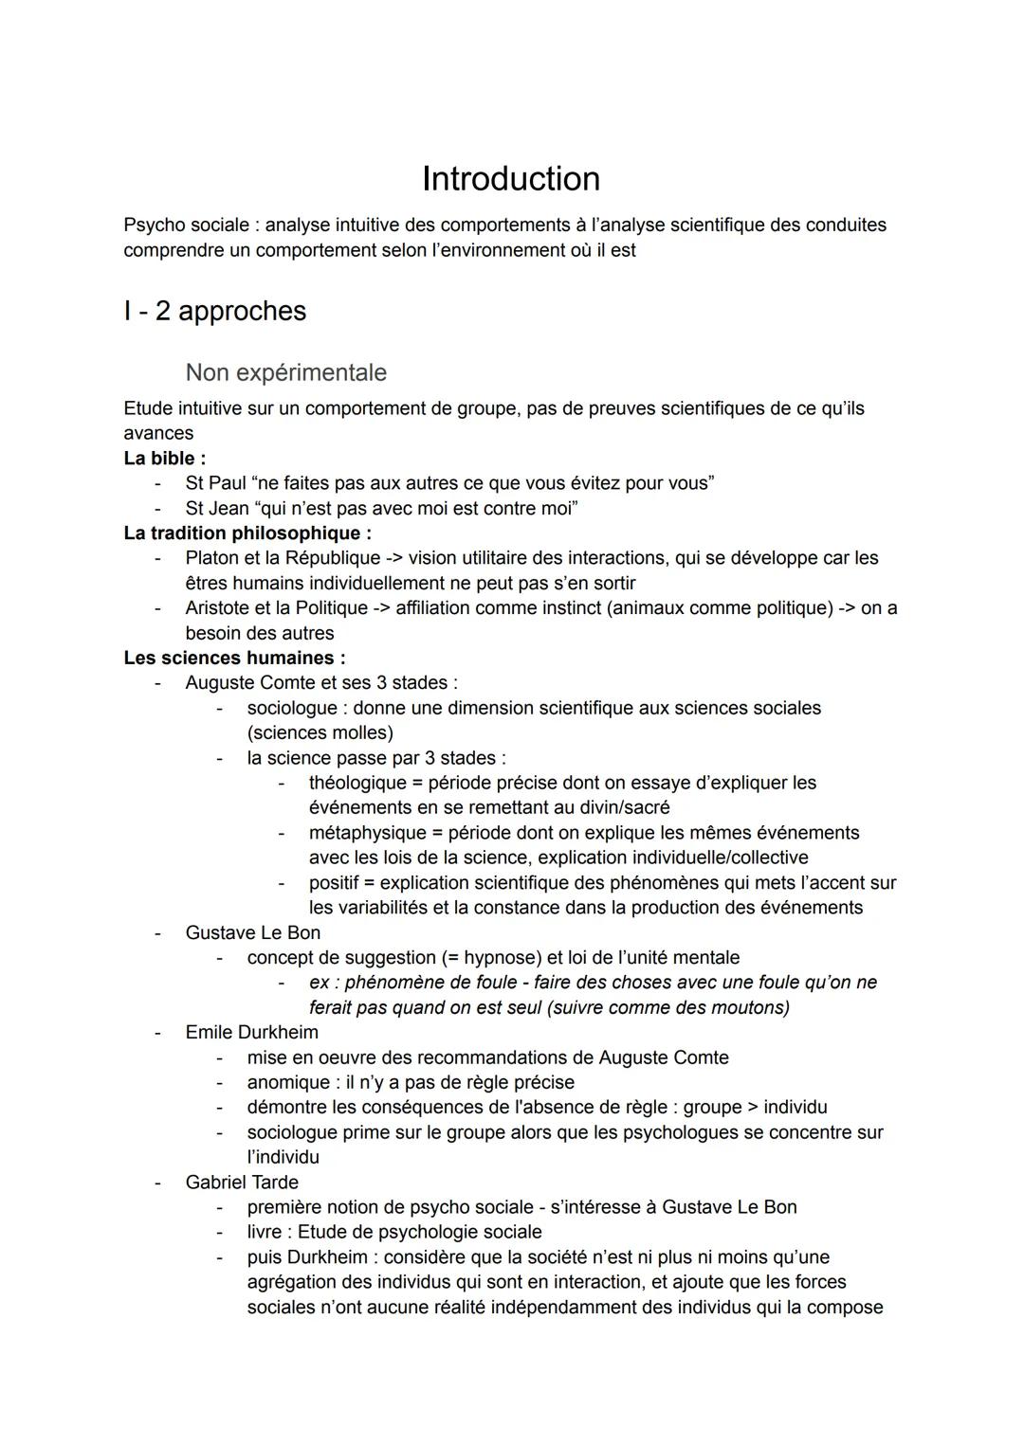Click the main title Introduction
(510, 179)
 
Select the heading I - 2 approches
(214, 311)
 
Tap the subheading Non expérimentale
(285, 372)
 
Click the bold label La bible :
(164, 459)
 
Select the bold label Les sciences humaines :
(234, 658)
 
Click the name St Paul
(215, 483)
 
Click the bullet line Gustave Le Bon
(252, 932)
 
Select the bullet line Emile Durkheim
(251, 1032)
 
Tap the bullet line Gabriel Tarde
(242, 1183)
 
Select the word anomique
(287, 1082)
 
